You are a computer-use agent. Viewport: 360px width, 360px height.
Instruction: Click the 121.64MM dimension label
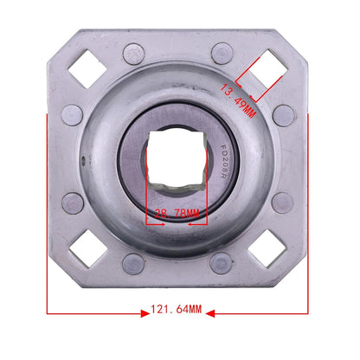(177, 309)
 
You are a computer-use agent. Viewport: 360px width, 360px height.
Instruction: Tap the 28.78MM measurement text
(177, 212)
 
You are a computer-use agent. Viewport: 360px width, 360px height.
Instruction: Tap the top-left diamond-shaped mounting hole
(87, 71)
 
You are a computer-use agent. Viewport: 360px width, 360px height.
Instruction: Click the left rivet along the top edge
(132, 52)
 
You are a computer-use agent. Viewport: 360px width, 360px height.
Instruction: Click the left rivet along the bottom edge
(132, 264)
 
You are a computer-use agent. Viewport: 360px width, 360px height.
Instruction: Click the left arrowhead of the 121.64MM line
(50, 309)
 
